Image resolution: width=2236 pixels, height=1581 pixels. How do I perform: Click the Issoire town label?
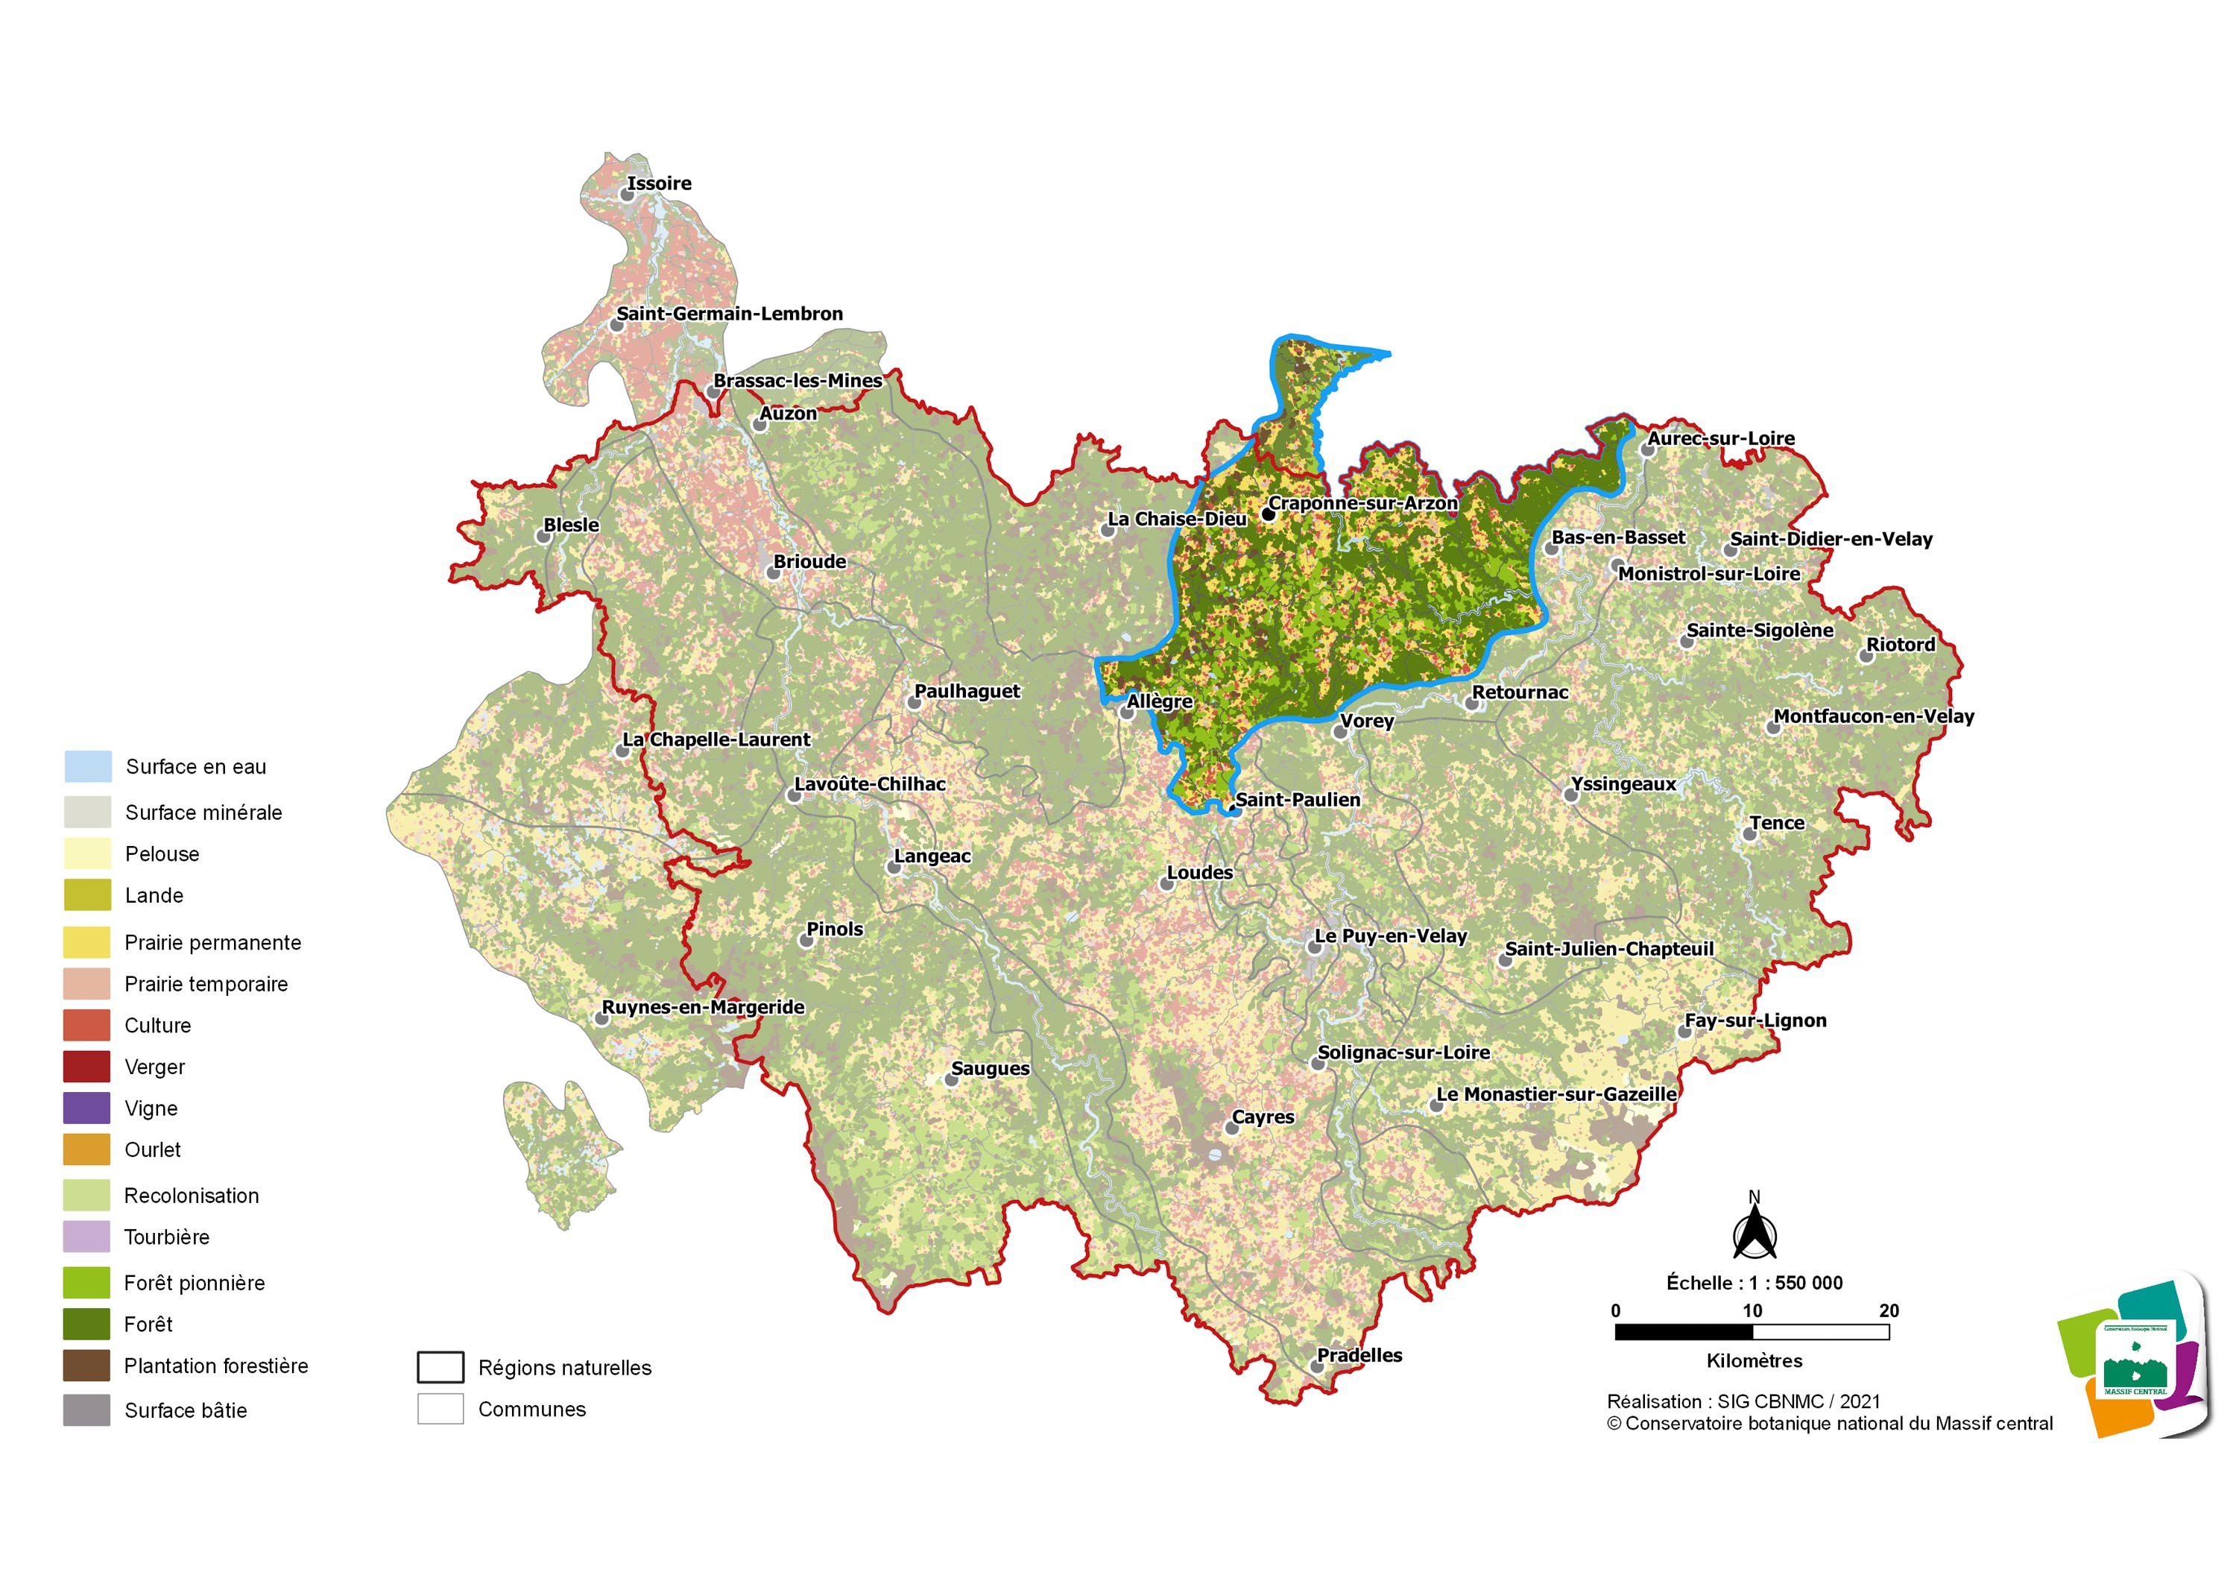pyautogui.click(x=660, y=183)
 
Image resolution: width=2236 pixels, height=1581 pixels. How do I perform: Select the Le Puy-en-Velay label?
pyautogui.click(x=1390, y=936)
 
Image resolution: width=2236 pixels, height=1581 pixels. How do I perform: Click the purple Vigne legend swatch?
pyautogui.click(x=86, y=1108)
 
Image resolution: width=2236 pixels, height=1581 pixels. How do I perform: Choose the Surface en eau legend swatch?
pyautogui.click(x=86, y=766)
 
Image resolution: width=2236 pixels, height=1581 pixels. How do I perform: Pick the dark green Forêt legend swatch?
pyautogui.click(x=86, y=1324)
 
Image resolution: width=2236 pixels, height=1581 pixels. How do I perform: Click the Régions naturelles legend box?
pyautogui.click(x=440, y=1366)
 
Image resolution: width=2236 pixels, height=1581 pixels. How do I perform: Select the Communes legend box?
pyautogui.click(x=440, y=1409)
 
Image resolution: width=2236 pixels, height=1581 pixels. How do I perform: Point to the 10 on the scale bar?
pyautogui.click(x=1752, y=1310)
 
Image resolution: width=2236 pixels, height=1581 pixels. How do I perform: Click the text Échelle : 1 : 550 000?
pyautogui.click(x=1754, y=1283)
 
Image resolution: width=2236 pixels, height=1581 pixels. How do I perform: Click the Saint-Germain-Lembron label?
pyautogui.click(x=730, y=314)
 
